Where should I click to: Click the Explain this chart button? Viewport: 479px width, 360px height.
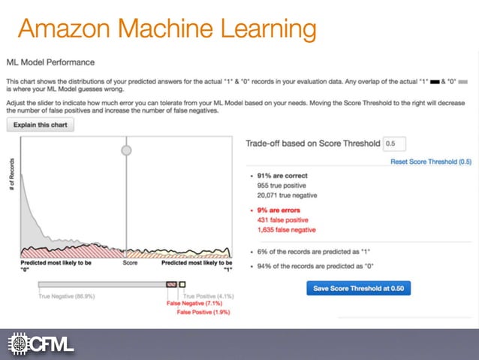click(x=41, y=125)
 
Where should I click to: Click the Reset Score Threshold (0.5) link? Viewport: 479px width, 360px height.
click(x=430, y=162)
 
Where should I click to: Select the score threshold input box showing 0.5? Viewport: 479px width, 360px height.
click(x=393, y=144)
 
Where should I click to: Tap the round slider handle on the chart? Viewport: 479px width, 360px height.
click(x=126, y=150)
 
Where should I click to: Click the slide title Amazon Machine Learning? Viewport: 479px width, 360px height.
click(x=167, y=30)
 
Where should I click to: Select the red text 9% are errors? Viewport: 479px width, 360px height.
click(x=280, y=210)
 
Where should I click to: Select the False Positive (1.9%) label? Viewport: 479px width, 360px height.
click(x=203, y=312)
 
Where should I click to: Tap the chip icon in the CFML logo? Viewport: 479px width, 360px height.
click(x=18, y=344)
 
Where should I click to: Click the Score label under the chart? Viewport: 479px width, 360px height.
click(x=131, y=264)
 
